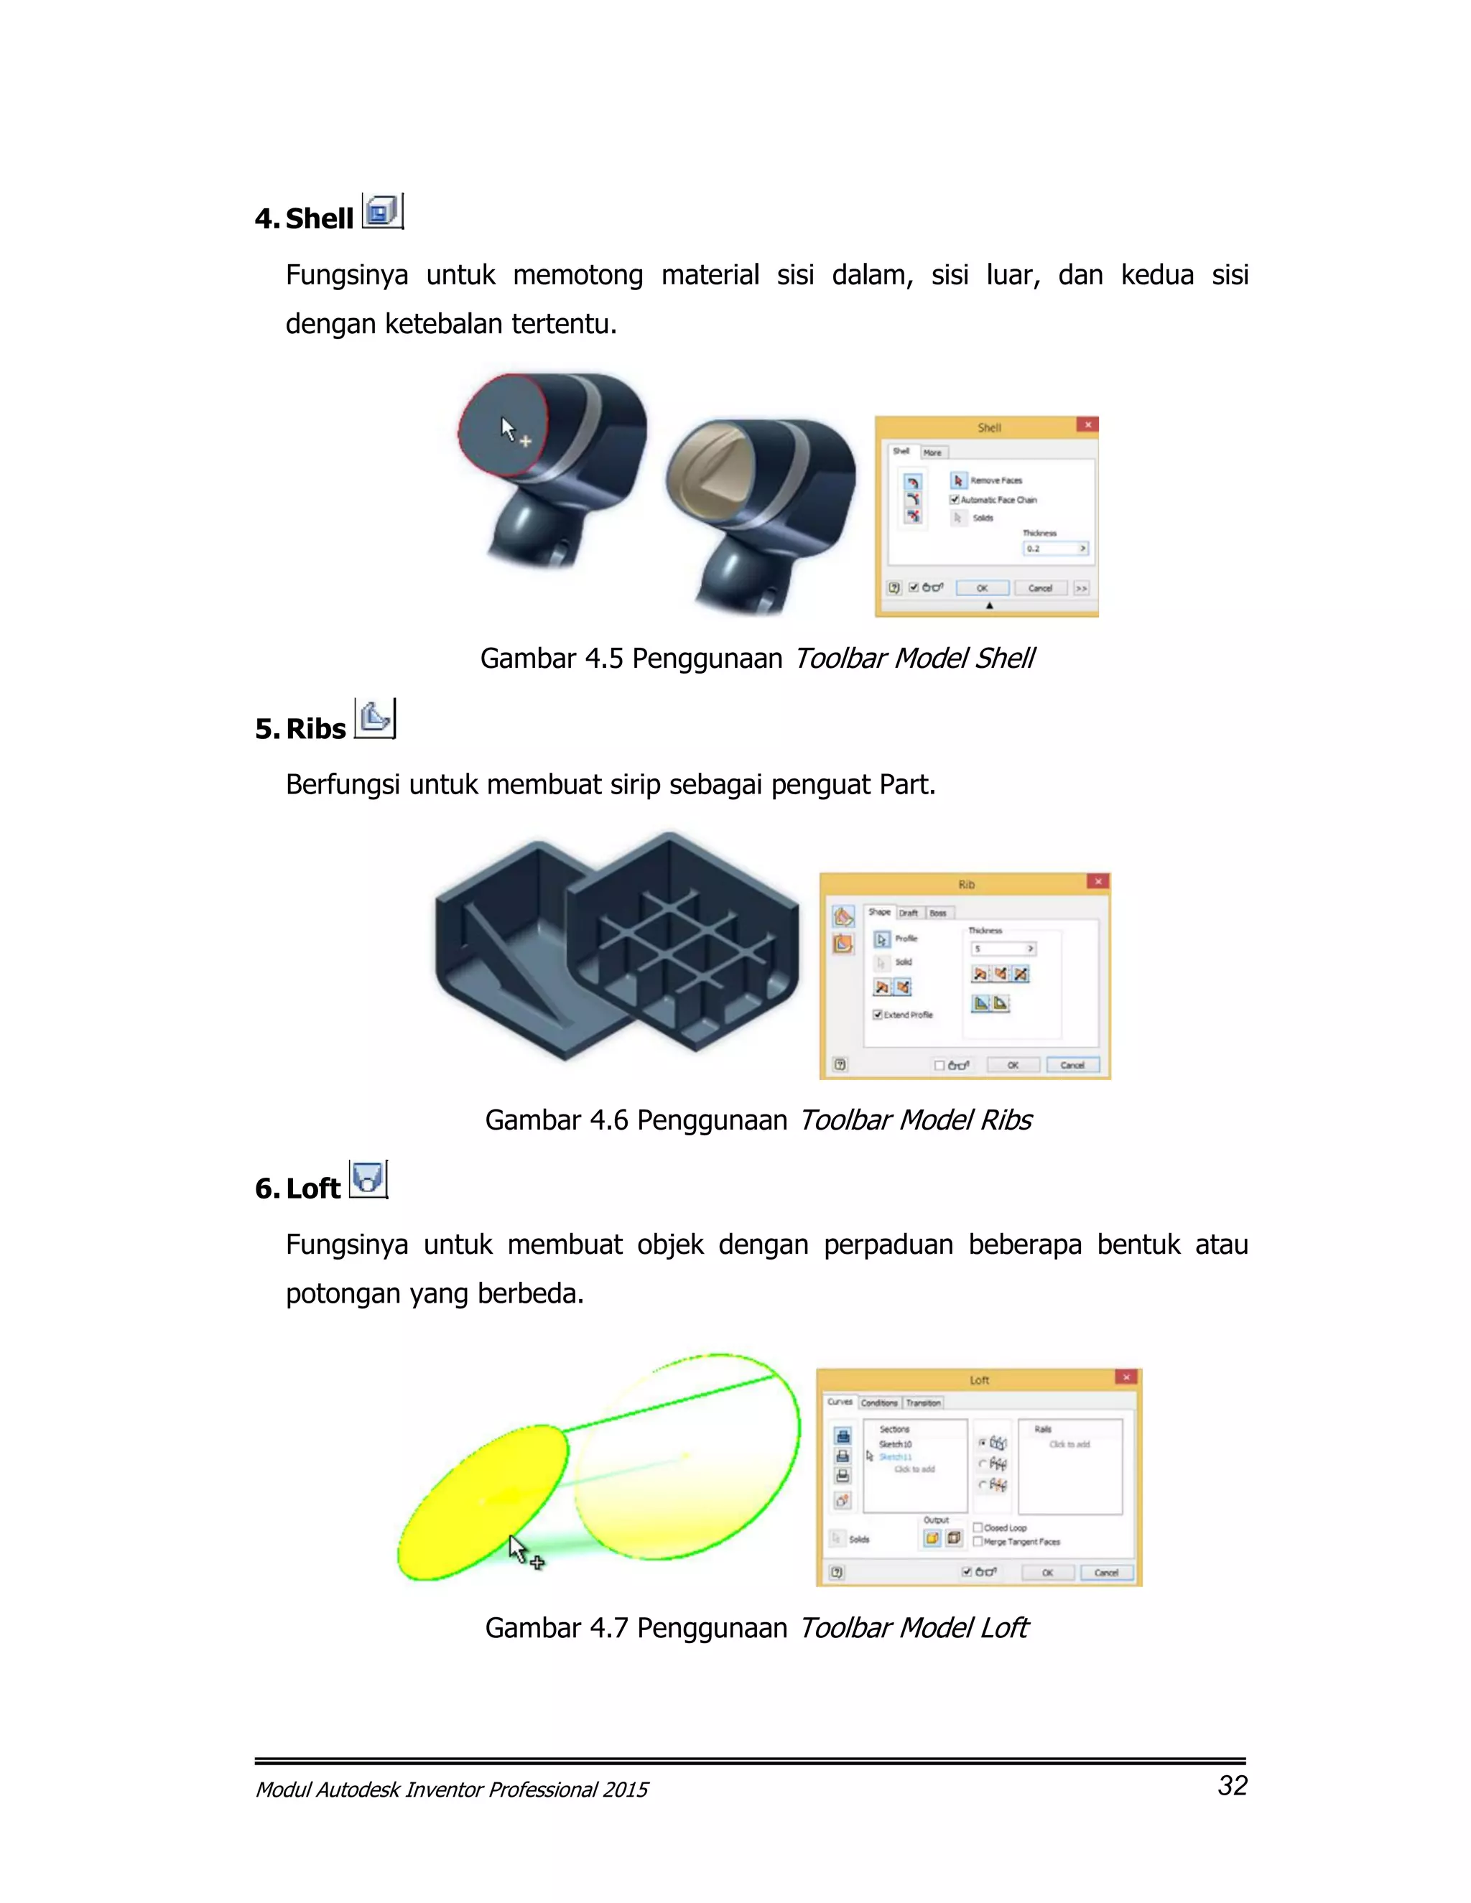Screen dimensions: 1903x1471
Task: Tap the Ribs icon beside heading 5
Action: [x=375, y=719]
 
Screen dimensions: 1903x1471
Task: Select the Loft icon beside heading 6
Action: [x=368, y=1180]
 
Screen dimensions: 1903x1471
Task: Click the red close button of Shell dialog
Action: [x=1087, y=425]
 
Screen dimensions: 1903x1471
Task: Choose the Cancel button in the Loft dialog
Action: [x=1106, y=1573]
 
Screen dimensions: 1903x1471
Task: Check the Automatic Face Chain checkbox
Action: [x=955, y=500]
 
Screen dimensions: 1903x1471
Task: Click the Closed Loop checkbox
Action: [x=978, y=1527]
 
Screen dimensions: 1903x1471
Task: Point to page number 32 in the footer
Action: [x=1233, y=1786]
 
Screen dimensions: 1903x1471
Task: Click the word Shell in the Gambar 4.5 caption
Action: [x=1005, y=659]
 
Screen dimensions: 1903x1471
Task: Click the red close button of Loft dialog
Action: [x=1126, y=1377]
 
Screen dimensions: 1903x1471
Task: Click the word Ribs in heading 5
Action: [x=315, y=728]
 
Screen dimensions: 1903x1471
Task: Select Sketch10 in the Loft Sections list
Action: [x=895, y=1444]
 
